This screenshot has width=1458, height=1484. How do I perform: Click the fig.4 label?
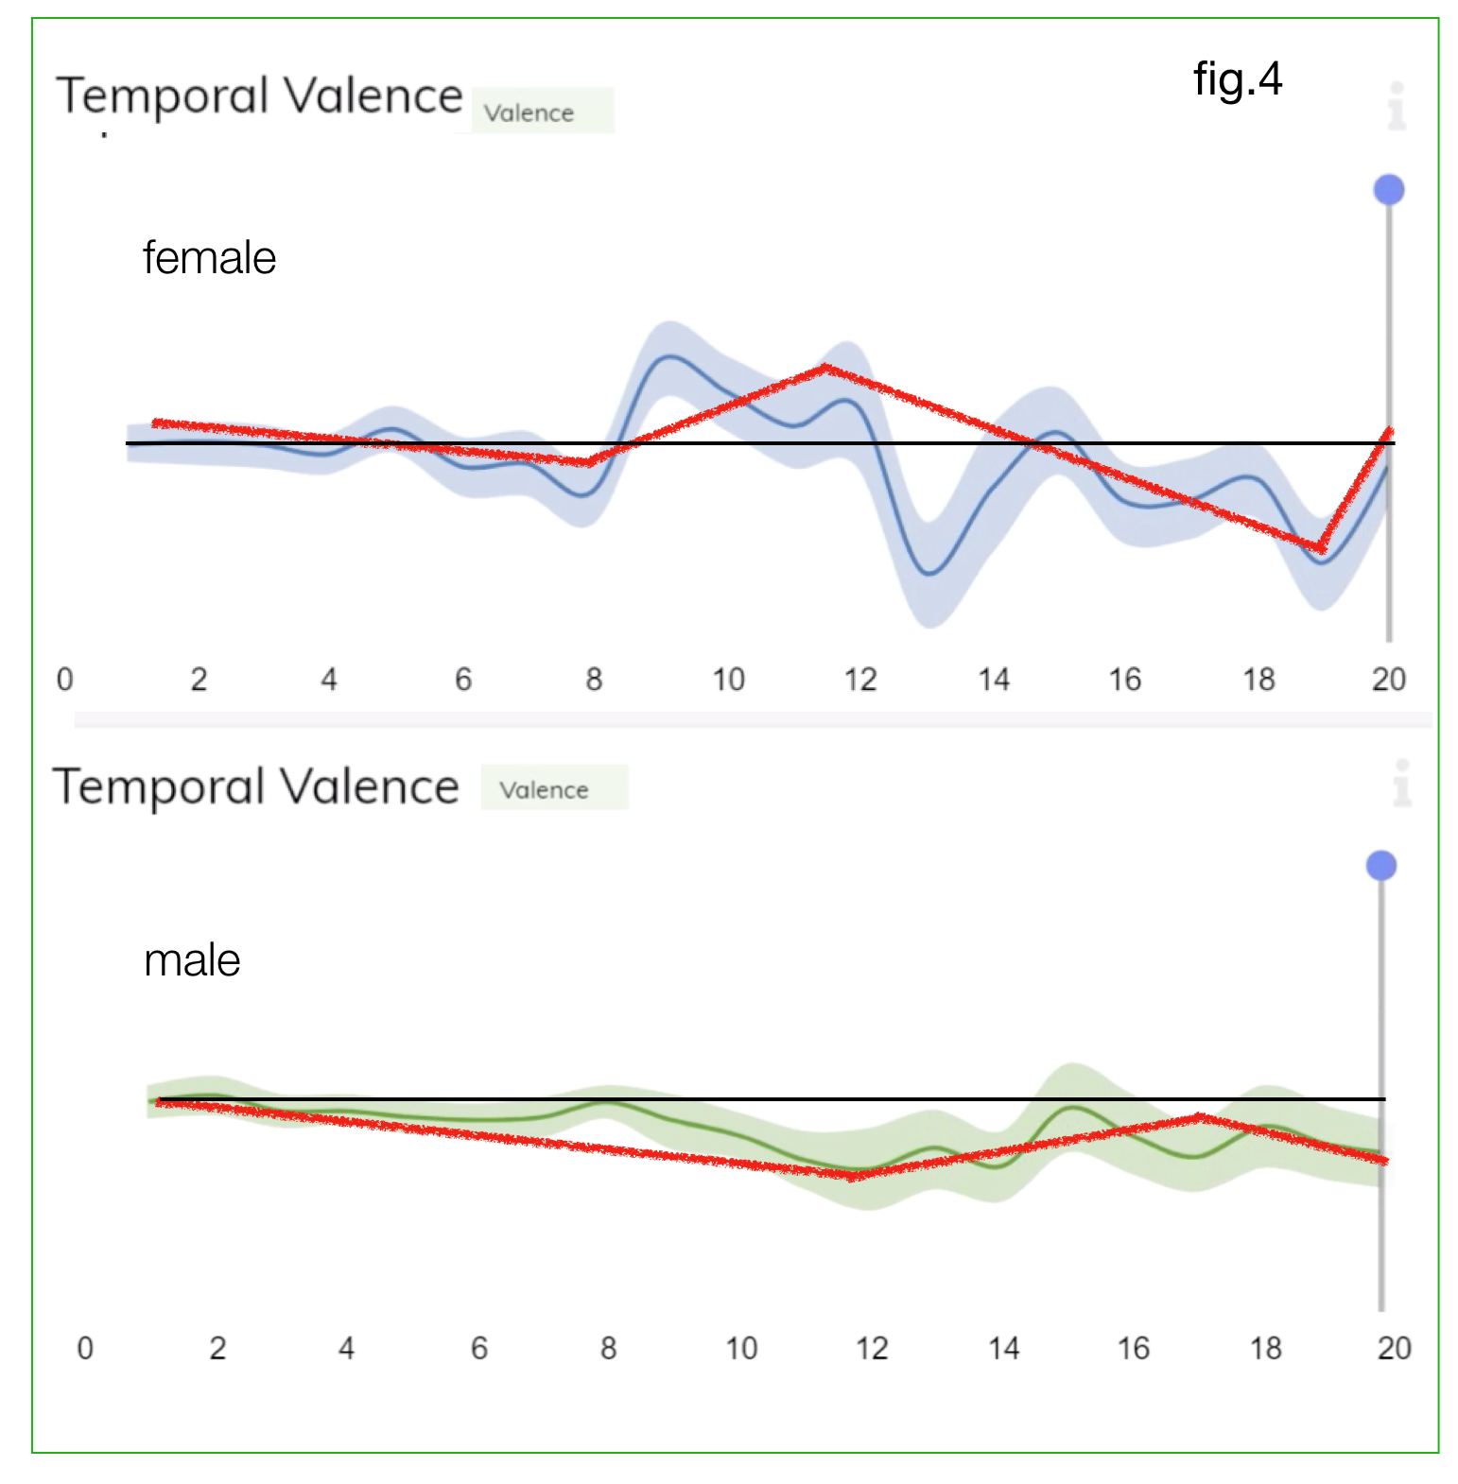coord(1237,78)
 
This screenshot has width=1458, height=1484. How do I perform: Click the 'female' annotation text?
coord(209,258)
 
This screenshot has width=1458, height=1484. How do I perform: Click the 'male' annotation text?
coord(192,960)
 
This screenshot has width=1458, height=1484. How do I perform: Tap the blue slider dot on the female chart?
coord(1388,190)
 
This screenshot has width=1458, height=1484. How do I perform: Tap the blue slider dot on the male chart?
coord(1381,866)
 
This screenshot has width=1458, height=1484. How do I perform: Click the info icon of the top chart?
coord(1397,105)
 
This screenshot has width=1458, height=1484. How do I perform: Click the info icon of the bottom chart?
coord(1402,783)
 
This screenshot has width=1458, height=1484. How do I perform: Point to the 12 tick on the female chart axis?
coord(860,679)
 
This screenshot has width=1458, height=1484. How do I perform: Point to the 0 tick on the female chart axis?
coord(64,679)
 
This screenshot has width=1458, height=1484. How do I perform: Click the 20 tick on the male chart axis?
coord(1394,1347)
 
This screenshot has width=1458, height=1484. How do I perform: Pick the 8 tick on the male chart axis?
coord(608,1347)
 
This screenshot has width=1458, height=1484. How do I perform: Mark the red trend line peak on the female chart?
coord(825,367)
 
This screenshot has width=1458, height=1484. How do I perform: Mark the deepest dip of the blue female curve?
coord(930,573)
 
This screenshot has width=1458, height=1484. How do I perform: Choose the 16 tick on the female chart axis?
coord(1125,679)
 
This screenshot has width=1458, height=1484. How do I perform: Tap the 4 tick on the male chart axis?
coord(346,1347)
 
